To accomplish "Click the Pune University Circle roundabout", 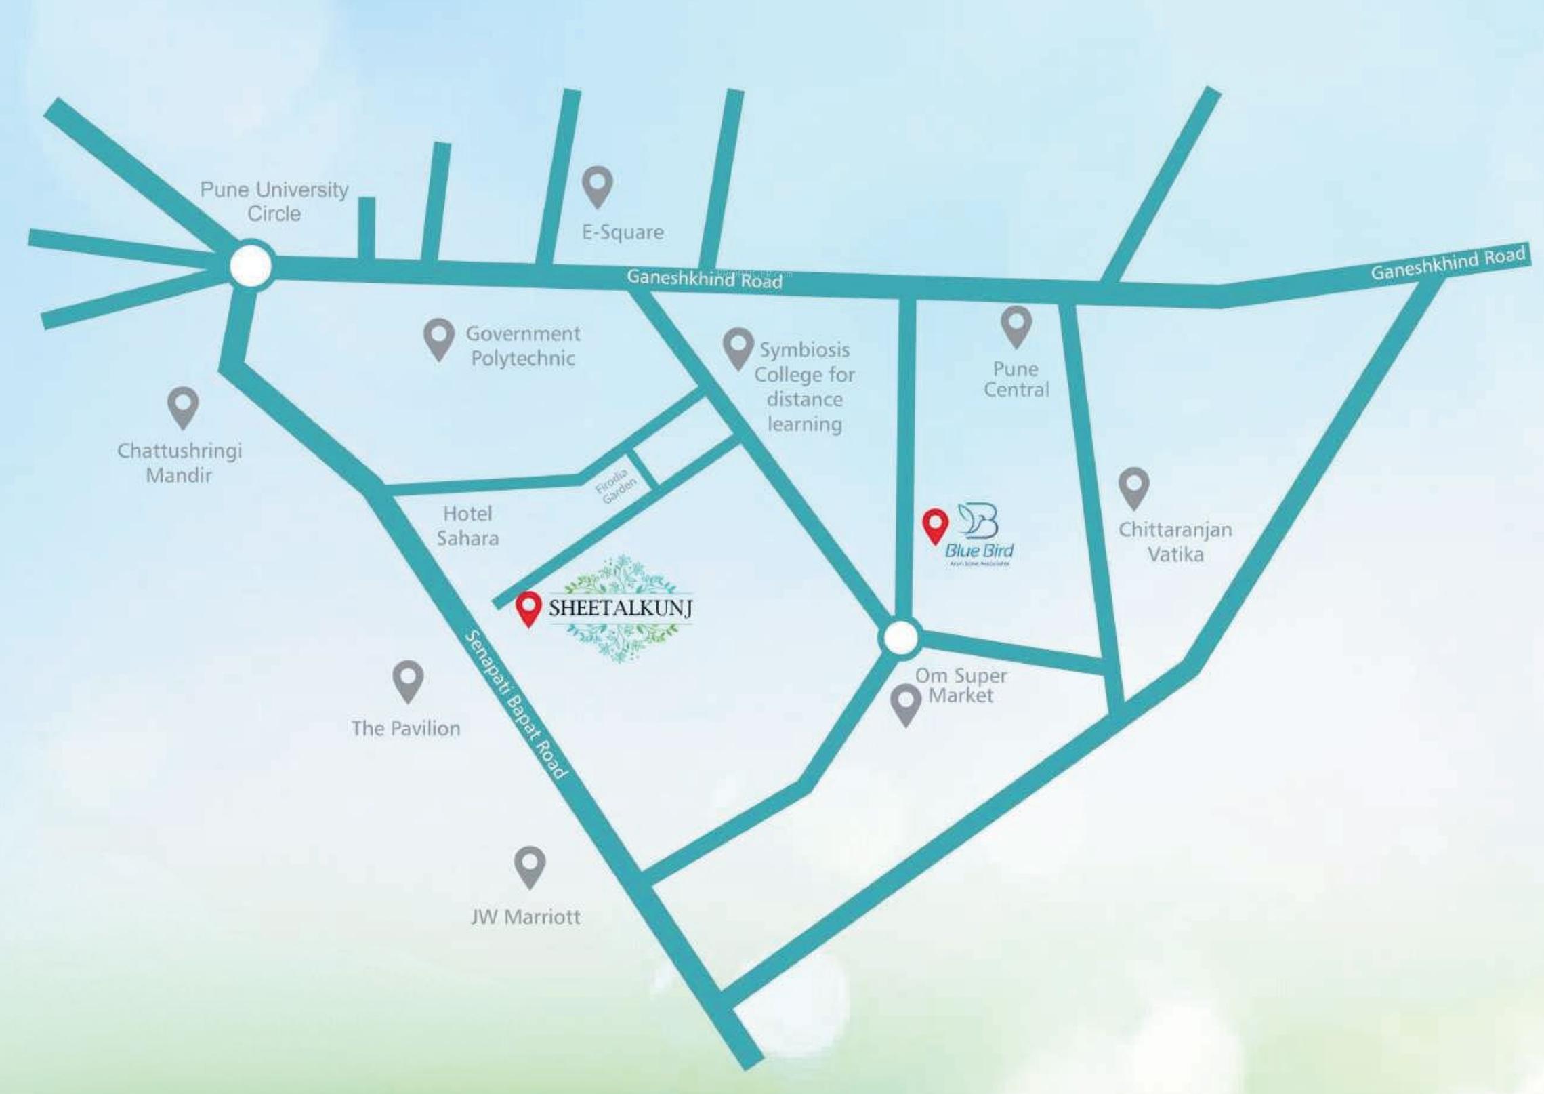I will (251, 266).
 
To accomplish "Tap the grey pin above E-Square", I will (598, 184).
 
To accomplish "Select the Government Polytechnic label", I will (522, 346).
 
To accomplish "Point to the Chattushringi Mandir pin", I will (183, 405).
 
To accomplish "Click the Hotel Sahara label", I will (467, 526).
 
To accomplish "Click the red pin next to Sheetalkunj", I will (528, 607).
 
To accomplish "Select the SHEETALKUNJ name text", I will (620, 608).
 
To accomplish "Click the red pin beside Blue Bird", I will (935, 525).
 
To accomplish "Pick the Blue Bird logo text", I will (979, 550).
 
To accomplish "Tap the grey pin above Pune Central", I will (1016, 325).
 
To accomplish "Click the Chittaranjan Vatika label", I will (1175, 542).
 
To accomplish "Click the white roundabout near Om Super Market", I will (900, 637).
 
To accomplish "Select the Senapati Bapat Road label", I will (515, 704).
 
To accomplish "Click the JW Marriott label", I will (526, 917).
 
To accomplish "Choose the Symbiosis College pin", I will (738, 346).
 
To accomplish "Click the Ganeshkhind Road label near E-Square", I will (704, 279).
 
